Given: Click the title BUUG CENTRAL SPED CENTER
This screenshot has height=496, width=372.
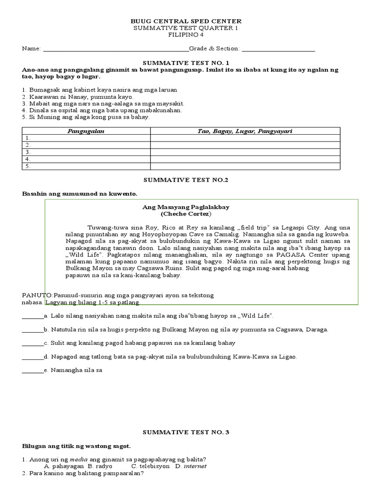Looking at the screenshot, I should pyautogui.click(x=186, y=22).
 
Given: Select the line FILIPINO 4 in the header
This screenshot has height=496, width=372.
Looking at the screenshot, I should pyautogui.click(x=186, y=35).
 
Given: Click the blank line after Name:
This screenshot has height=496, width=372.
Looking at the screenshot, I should pyautogui.click(x=116, y=49).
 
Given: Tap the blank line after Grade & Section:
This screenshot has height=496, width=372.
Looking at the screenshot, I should pyautogui.click(x=278, y=49).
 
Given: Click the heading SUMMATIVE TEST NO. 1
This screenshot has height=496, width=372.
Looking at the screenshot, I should pyautogui.click(x=186, y=63).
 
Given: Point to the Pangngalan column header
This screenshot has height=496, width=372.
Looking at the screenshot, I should pyautogui.click(x=86, y=131).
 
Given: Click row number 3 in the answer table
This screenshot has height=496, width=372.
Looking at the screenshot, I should pyautogui.click(x=28, y=152).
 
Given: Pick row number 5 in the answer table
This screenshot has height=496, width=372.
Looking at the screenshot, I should pyautogui.click(x=28, y=166).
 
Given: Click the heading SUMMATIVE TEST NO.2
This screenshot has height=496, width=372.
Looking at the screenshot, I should pyautogui.click(x=186, y=180).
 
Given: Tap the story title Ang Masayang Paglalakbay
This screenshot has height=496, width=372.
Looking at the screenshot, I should pyautogui.click(x=186, y=207).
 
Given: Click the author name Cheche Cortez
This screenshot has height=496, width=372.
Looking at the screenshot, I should pyautogui.click(x=186, y=214).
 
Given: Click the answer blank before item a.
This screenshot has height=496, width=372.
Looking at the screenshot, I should pyautogui.click(x=32, y=317).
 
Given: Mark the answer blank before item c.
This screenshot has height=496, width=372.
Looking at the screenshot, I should pyautogui.click(x=32, y=344).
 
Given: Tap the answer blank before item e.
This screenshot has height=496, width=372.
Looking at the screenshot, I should pyautogui.click(x=32, y=371).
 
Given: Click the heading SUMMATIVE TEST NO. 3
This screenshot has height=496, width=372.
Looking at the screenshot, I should pyautogui.click(x=186, y=432).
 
